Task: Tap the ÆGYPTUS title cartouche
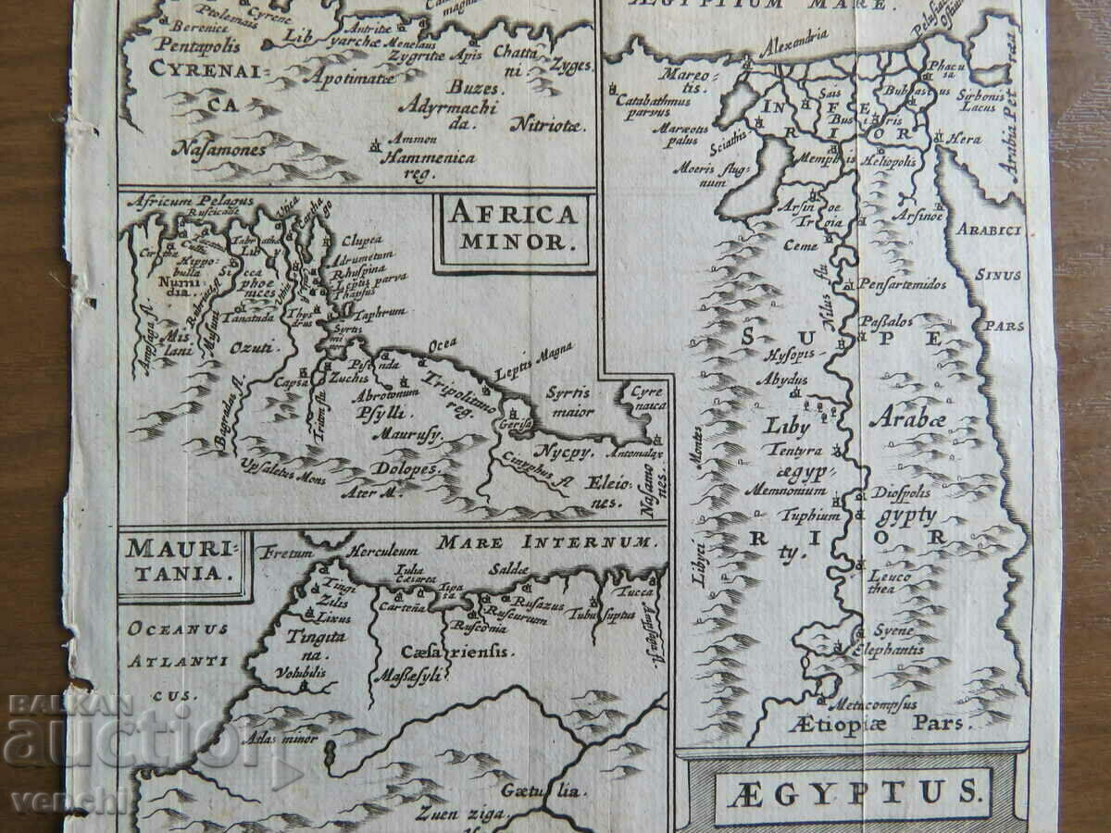tap(853, 792)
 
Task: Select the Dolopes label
tap(403, 468)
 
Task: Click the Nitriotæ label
tap(552, 128)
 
